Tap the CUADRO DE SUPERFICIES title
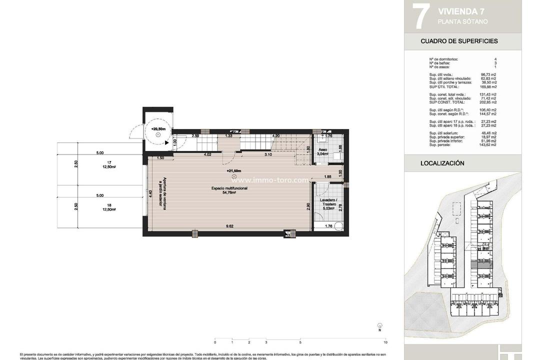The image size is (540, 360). [x=459, y=41]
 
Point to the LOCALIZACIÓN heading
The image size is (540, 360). [x=442, y=163]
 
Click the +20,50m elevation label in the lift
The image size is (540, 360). [x=158, y=129]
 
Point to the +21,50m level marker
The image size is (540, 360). [x=233, y=171]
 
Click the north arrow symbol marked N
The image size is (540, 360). [x=379, y=326]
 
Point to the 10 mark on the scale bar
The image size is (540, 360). [x=385, y=342]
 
